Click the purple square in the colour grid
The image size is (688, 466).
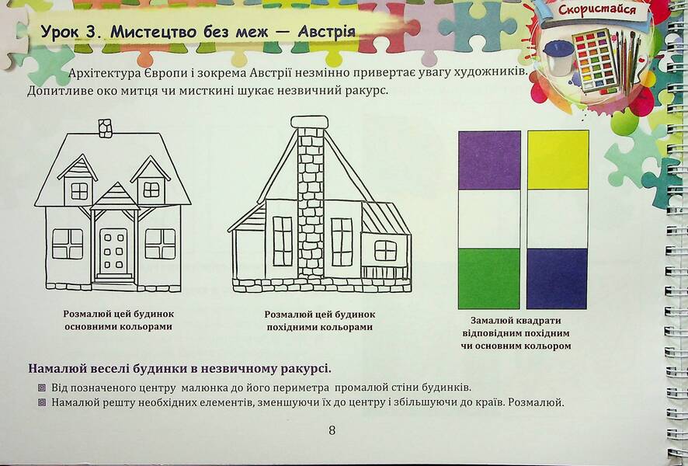[x=489, y=160]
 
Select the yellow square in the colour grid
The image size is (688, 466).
[x=558, y=160]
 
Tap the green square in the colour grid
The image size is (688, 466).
[x=489, y=278]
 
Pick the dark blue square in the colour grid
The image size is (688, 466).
[x=558, y=278]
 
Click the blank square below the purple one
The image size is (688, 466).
[x=489, y=219]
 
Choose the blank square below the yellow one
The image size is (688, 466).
[x=558, y=219]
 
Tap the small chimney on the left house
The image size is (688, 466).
[x=105, y=127]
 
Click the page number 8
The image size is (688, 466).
[x=332, y=430]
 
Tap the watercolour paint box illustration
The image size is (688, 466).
[x=595, y=58]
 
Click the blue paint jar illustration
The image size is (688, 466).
[x=558, y=57]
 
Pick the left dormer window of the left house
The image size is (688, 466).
[x=79, y=190]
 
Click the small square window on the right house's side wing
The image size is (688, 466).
[x=385, y=250]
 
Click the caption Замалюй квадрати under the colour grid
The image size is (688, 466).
[x=516, y=320]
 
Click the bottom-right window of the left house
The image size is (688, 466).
[x=160, y=243]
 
